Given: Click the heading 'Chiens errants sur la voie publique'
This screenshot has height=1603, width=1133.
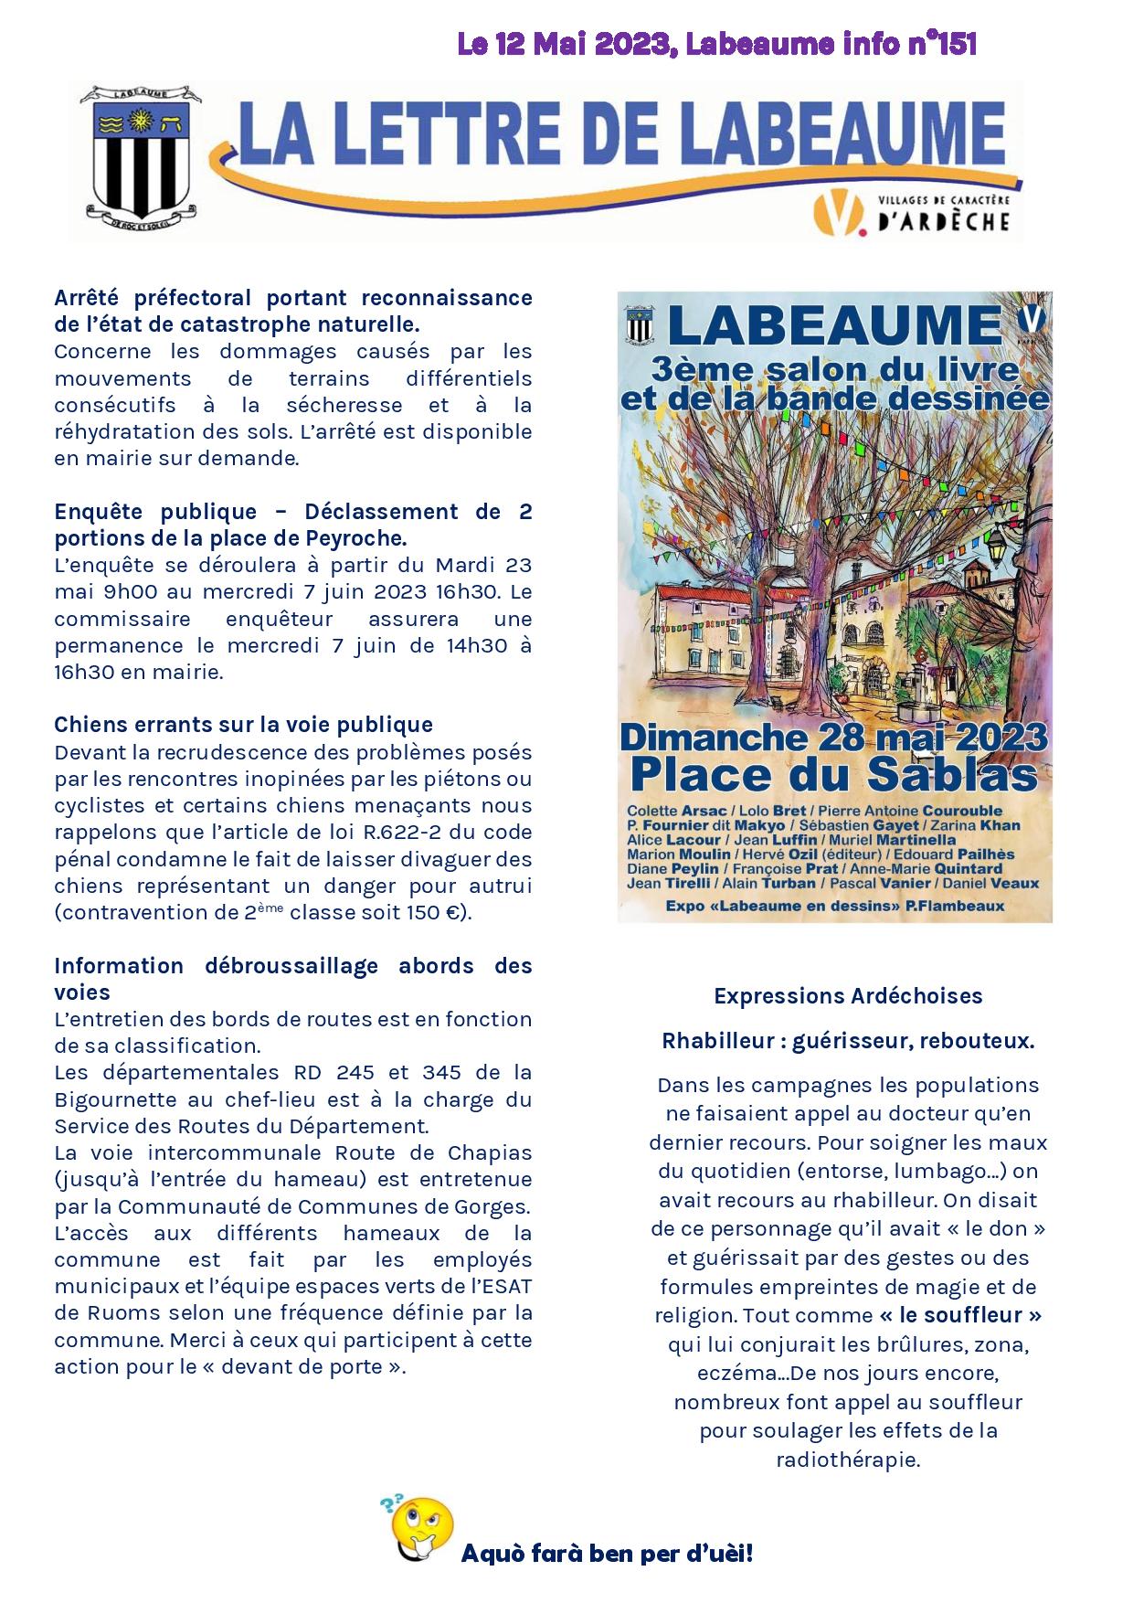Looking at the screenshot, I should coord(243,725).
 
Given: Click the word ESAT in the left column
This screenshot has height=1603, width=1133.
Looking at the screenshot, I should coord(508,1287).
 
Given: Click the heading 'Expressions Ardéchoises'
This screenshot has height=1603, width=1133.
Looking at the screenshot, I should coord(848,996).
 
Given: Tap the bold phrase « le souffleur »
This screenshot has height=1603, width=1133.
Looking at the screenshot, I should coord(960,1315).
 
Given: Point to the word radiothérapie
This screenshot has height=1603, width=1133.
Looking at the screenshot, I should coord(848,1460).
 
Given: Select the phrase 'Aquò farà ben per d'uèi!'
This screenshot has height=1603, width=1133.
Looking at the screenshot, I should coord(607,1553).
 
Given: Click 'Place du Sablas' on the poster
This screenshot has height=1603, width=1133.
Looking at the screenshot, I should coord(833,775).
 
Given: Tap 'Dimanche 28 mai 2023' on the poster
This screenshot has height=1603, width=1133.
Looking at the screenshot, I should coord(833,737).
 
